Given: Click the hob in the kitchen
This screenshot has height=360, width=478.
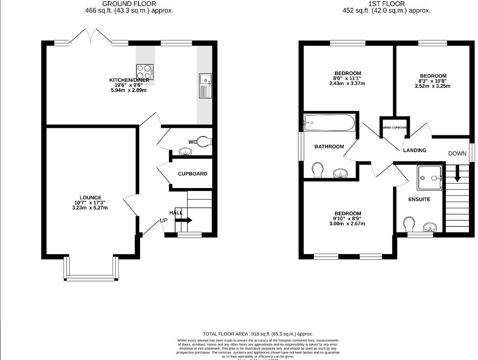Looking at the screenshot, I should coord(145,72).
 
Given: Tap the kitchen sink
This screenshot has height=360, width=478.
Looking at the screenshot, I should coord(205,86).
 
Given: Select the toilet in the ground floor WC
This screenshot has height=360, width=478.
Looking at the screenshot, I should coord(203,142).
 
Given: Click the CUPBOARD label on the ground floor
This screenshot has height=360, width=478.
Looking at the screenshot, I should coord(192,174).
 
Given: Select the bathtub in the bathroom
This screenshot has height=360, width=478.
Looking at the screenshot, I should coord(329,122).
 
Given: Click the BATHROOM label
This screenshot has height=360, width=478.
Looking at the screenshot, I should coord(329,146).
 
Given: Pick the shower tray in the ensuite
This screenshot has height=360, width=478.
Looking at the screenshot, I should coord(430,179).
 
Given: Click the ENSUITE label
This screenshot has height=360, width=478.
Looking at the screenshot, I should coord(419,200).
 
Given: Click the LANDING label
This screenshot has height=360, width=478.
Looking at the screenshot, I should coord(415,151).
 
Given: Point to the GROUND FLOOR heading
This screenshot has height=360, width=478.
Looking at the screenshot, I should coord(129,4).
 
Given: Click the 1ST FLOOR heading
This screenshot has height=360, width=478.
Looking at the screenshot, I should coord(387,4).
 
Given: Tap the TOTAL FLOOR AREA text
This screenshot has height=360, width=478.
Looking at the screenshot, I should coord(258,334).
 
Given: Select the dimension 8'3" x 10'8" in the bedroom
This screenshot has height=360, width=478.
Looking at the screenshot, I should coord(433,81).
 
